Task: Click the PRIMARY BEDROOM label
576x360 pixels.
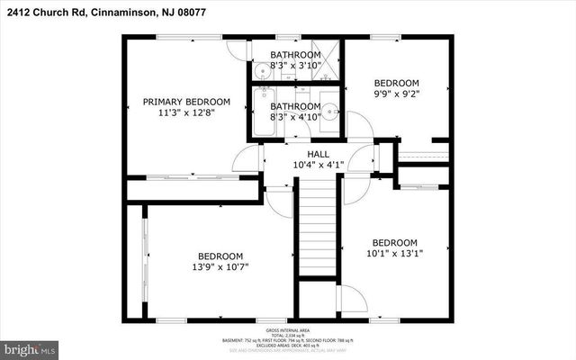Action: point(186,102)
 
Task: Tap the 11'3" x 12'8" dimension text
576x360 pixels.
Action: point(186,113)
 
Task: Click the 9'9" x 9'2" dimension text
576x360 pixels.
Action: point(397,93)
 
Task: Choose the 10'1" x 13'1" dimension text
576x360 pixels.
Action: point(395,254)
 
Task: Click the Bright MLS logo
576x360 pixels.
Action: point(29,346)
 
